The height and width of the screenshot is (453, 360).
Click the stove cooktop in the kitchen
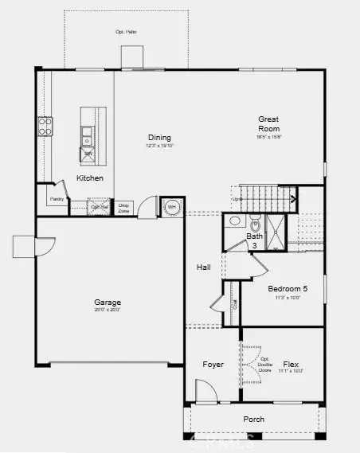(45, 126)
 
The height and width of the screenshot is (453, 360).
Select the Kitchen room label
(89, 178)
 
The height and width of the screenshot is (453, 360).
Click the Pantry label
(57, 199)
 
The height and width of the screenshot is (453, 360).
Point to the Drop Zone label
(123, 207)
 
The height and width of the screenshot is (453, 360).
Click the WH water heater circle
(170, 207)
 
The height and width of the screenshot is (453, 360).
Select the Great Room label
(268, 124)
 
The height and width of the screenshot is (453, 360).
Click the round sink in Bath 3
(235, 221)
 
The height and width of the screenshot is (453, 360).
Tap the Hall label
(203, 268)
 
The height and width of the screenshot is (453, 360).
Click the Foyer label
(213, 365)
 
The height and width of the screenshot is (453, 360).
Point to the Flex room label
(290, 365)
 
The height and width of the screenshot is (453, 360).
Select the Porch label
(254, 419)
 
